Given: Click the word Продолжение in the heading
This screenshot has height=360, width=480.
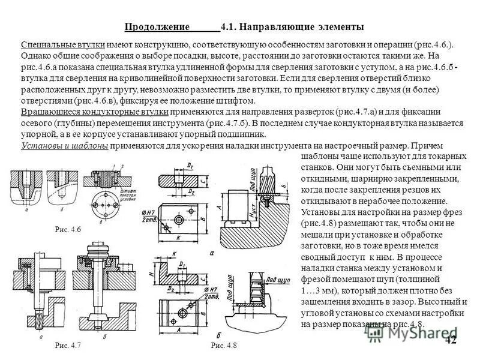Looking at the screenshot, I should tap(157, 27).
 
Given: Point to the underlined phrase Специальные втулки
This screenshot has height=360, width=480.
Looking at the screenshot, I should tap(63, 45).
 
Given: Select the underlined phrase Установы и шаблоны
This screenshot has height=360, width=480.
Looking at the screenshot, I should tap(64, 145).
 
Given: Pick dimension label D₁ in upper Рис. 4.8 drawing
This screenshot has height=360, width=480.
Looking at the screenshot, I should tap(190, 164).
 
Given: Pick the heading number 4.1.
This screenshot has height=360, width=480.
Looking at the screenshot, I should tap(229, 27).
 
